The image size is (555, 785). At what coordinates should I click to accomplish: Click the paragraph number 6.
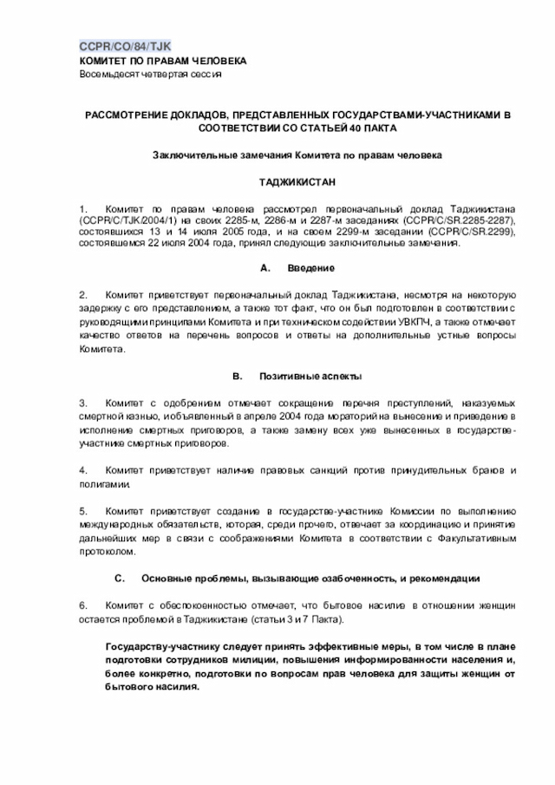coord(83,605)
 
